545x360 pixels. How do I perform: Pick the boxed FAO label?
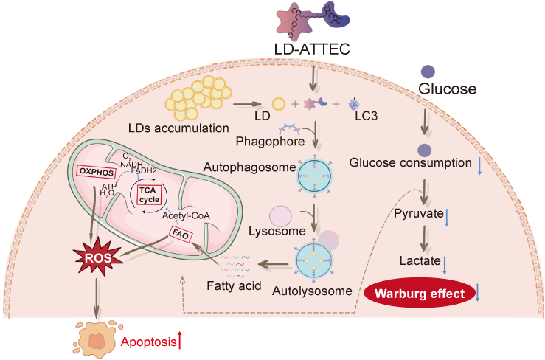[x=181, y=234]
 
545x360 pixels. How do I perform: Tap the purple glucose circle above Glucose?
[x=426, y=72]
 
